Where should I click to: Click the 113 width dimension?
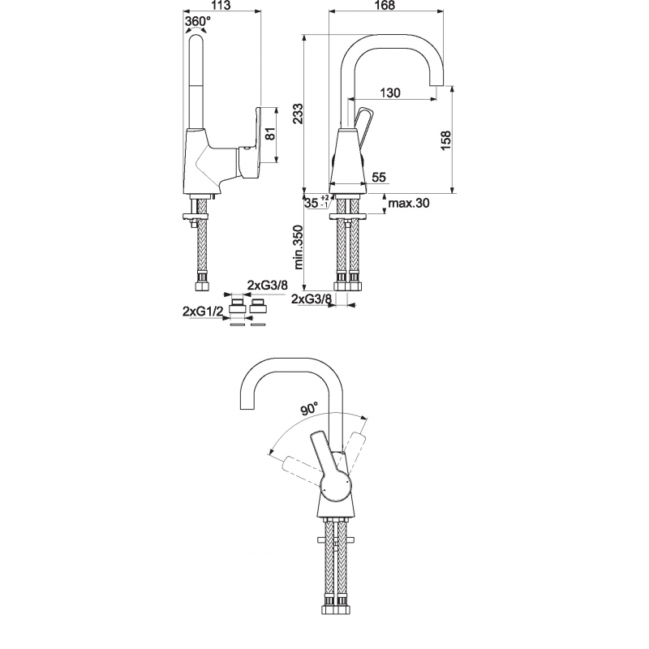point(222,6)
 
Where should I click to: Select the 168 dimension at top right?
point(384,6)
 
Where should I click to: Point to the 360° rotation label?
point(197,21)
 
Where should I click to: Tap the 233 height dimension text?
point(298,113)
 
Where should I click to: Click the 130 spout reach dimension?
point(390,92)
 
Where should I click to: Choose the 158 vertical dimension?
point(445,140)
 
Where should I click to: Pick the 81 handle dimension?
point(269,134)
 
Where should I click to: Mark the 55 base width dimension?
point(379,177)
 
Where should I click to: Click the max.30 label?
point(409,203)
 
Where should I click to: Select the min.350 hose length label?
point(298,247)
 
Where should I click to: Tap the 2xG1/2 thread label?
point(203,312)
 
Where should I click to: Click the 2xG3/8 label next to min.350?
point(312,299)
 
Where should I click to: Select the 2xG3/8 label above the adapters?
point(268,285)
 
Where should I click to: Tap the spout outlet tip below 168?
point(436,84)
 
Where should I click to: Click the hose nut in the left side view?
point(203,286)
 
